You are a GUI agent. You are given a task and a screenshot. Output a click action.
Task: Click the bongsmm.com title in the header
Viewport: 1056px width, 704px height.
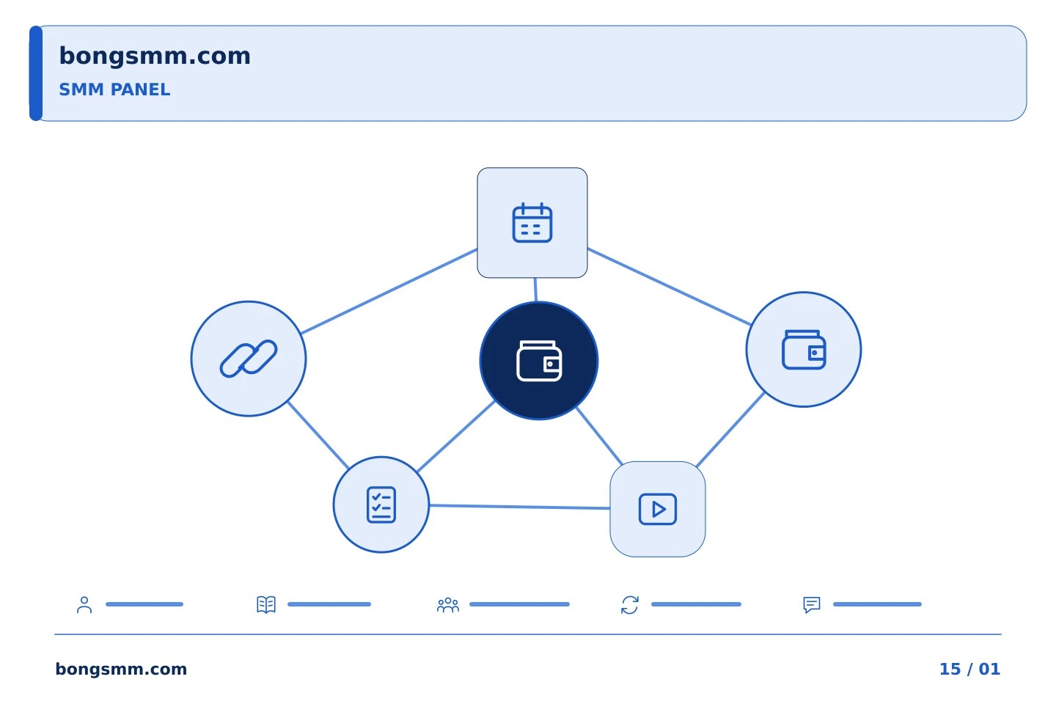click(x=155, y=56)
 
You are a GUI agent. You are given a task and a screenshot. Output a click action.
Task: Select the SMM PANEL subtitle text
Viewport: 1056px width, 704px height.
click(x=114, y=89)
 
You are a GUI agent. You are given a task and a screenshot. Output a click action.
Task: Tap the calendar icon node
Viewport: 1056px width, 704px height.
click(x=532, y=222)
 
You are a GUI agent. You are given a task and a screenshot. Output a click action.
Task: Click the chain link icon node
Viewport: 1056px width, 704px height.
click(x=249, y=359)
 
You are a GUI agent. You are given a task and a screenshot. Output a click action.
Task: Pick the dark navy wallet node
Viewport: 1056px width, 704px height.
click(x=539, y=361)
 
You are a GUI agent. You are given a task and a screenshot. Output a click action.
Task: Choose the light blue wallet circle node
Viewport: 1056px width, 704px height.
click(x=804, y=349)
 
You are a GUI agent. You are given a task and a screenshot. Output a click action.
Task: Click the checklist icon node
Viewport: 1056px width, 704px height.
click(x=381, y=505)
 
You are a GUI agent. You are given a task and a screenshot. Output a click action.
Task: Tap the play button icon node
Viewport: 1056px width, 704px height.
click(x=658, y=509)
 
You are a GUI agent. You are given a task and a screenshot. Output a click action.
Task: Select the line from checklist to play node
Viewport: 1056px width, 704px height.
click(x=519, y=507)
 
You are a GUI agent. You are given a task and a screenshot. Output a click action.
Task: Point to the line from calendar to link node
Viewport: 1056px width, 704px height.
click(x=389, y=291)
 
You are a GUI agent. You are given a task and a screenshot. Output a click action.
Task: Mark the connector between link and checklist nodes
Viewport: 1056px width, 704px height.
click(x=318, y=435)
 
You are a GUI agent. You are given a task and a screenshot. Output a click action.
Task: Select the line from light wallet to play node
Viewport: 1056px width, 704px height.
click(x=730, y=430)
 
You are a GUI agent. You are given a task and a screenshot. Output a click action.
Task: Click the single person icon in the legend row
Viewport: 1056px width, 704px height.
click(x=84, y=604)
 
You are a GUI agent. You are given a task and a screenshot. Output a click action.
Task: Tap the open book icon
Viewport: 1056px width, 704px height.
click(x=266, y=604)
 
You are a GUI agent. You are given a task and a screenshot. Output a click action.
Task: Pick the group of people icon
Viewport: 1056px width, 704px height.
click(x=448, y=605)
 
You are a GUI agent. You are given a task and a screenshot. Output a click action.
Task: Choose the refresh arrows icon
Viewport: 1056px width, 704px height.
click(x=630, y=605)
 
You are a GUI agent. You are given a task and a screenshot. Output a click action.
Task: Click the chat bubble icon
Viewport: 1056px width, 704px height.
click(x=812, y=605)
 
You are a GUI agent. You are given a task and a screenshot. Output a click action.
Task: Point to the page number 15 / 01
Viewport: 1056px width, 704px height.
click(x=969, y=669)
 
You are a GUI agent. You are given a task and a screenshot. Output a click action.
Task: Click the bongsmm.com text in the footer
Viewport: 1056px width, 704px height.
click(x=121, y=669)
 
